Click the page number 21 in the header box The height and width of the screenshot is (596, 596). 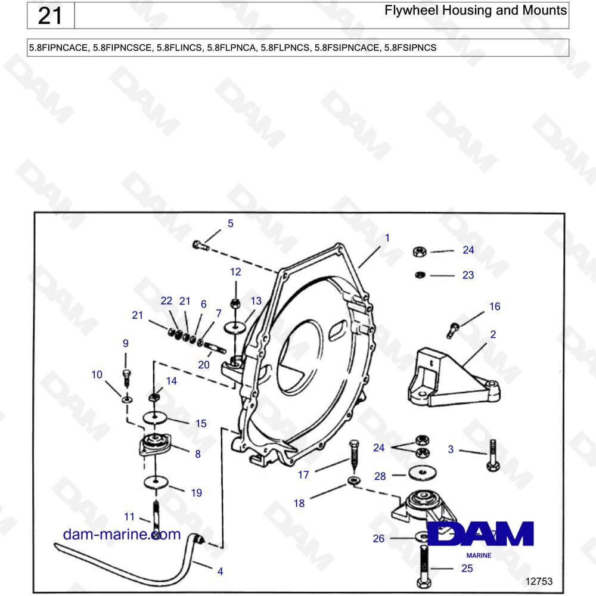coord(50,15)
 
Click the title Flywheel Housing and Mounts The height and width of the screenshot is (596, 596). coord(476,11)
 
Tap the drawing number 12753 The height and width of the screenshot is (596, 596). coord(539,581)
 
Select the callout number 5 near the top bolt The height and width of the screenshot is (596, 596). coord(231,224)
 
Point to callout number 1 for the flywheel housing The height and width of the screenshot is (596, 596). coord(387,238)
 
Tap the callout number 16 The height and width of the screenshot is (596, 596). coord(495,307)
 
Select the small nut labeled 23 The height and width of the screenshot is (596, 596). coord(419,275)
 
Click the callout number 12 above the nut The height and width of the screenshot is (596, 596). coord(235,272)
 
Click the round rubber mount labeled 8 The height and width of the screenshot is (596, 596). coord(155,444)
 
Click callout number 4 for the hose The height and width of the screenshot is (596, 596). coord(220,572)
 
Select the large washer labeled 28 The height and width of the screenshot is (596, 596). coord(423,473)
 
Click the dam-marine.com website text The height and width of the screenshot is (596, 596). coord(122,534)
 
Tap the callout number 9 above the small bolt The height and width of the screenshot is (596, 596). coord(126,344)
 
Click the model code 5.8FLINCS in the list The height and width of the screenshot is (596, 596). coord(179,48)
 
